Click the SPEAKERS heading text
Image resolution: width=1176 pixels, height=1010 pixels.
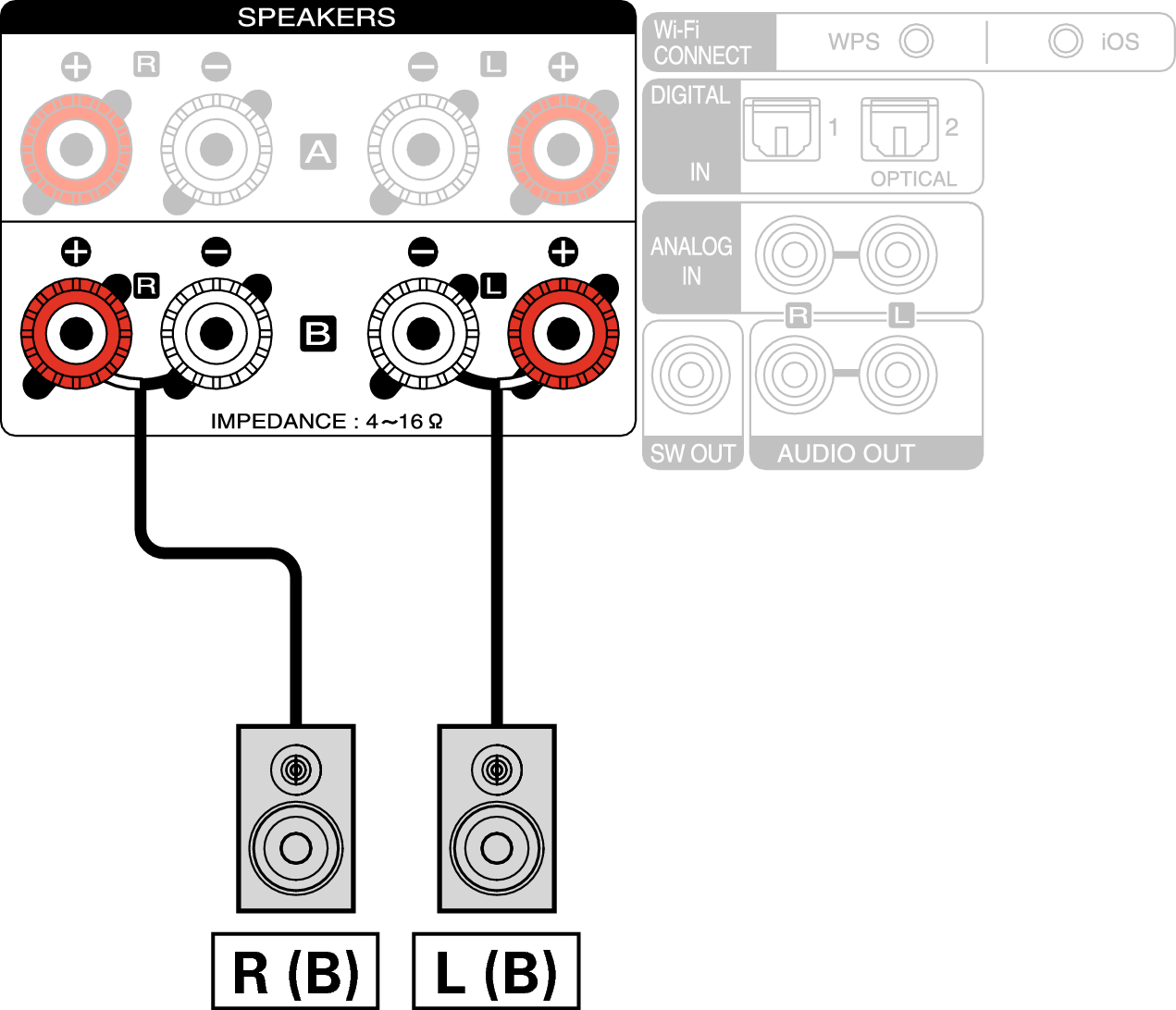pyautogui.click(x=316, y=18)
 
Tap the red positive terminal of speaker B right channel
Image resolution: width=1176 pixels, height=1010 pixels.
pyautogui.click(x=76, y=333)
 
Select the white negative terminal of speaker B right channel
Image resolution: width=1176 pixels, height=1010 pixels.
pyautogui.click(x=217, y=333)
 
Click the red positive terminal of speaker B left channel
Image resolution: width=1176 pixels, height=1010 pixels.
pyautogui.click(x=563, y=333)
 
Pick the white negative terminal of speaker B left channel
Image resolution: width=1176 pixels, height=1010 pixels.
pyautogui.click(x=423, y=333)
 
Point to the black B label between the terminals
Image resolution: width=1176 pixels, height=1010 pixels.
pyautogui.click(x=317, y=333)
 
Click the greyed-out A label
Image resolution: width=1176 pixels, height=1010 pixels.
pyautogui.click(x=317, y=152)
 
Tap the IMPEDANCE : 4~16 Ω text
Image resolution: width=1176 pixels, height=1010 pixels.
pyautogui.click(x=327, y=422)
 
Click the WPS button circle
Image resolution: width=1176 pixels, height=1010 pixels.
pyautogui.click(x=916, y=41)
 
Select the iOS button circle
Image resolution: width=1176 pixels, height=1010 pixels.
pyautogui.click(x=1065, y=41)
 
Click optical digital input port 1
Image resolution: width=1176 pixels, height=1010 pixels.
pyautogui.click(x=781, y=130)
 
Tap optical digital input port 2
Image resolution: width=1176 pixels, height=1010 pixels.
pyautogui.click(x=899, y=130)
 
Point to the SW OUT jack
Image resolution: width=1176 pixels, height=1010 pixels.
pyautogui.click(x=691, y=376)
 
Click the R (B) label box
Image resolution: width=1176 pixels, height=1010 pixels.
pyautogui.click(x=295, y=972)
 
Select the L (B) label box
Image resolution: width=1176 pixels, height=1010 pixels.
pyautogui.click(x=496, y=972)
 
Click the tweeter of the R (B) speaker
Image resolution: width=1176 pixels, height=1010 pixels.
pyautogui.click(x=296, y=770)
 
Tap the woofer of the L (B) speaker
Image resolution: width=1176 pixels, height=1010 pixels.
pyautogui.click(x=497, y=847)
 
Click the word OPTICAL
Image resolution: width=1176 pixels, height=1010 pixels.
pyautogui.click(x=913, y=179)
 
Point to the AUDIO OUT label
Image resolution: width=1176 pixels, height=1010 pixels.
pyautogui.click(x=846, y=453)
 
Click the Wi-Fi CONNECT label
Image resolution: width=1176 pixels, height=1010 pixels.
pyautogui.click(x=702, y=43)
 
